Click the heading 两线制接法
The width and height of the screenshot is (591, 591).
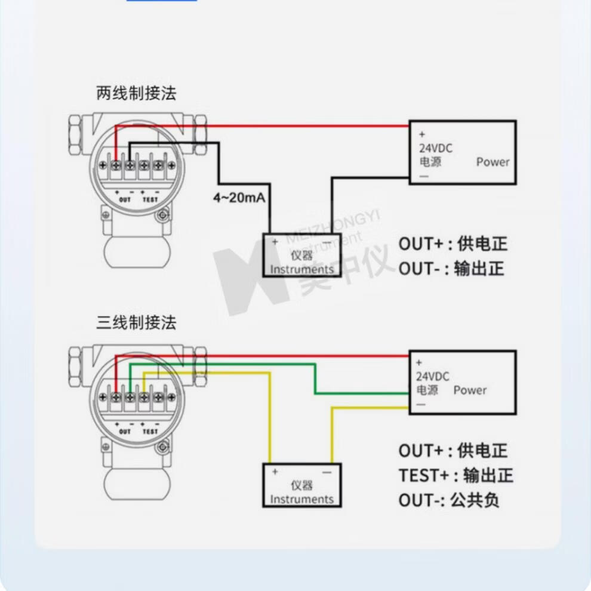coord(137,94)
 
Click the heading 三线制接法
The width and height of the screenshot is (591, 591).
coord(137,324)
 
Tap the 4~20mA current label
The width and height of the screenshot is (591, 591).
coord(239,198)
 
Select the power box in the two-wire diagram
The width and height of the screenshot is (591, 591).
coord(462,152)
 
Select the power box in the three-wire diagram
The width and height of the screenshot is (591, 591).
coord(462,383)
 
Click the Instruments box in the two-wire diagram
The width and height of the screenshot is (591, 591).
coord(302,256)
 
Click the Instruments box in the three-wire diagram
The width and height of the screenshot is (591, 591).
coord(302,485)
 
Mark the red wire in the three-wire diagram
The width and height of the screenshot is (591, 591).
coord(269,355)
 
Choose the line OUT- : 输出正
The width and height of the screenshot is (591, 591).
coord(451,269)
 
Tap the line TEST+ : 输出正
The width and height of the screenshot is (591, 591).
coord(456,476)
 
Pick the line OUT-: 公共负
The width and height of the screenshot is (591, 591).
coord(449,500)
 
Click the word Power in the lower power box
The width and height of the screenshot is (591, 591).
coord(470,390)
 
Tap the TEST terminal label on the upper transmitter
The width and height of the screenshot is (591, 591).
coord(150,199)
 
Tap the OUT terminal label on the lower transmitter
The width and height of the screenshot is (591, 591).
coord(125,430)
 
